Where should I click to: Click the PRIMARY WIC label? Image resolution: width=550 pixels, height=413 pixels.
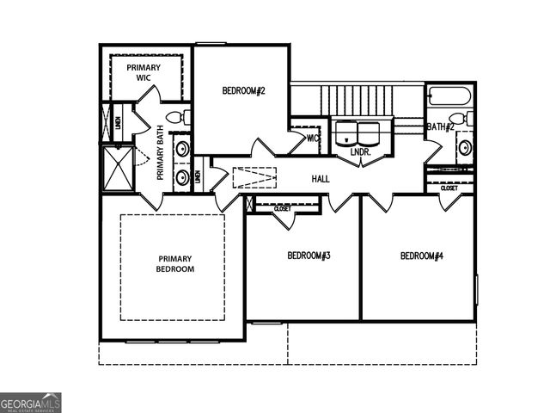[x=144, y=72]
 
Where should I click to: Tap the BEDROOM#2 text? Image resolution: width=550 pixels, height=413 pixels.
[x=243, y=90]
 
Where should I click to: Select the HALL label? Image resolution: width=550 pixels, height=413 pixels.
[x=321, y=179]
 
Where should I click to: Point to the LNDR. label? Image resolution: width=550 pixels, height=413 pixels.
[x=360, y=152]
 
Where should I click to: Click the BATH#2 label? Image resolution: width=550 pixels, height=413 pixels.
[x=440, y=127]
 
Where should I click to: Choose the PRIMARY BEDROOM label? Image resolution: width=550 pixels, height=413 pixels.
[x=175, y=263]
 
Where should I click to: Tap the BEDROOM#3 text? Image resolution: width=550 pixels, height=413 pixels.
[x=309, y=256]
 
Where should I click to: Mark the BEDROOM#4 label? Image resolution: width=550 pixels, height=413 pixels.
[x=421, y=256]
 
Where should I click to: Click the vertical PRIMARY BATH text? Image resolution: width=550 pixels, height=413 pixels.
[x=160, y=153]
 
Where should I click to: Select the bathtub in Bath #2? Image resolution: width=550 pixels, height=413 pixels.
[x=449, y=96]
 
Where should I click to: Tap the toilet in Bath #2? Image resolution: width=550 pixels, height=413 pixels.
[x=460, y=119]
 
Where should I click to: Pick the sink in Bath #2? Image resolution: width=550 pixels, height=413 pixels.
[x=465, y=147]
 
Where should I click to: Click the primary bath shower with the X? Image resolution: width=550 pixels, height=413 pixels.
[x=117, y=166]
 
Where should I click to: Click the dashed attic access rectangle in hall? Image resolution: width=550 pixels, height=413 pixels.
[x=254, y=178]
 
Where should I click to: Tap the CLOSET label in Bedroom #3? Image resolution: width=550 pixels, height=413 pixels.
[x=282, y=208]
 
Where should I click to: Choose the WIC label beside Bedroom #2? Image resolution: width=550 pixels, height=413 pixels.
[x=313, y=138]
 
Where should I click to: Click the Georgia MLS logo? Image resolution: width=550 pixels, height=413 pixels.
[x=31, y=403]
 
